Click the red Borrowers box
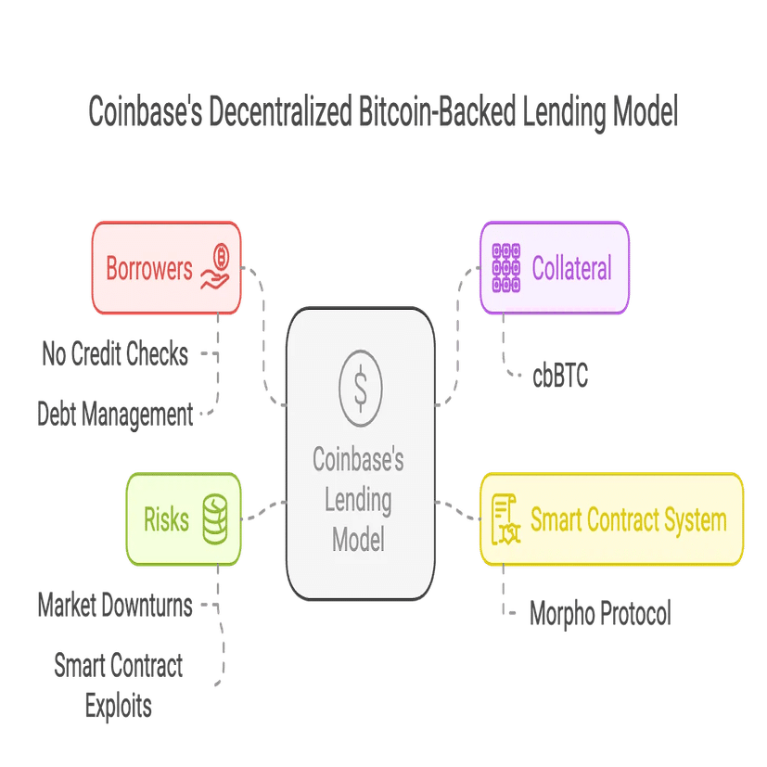(x=166, y=268)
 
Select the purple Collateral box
(x=555, y=268)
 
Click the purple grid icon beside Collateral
(x=506, y=267)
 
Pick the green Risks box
(x=184, y=518)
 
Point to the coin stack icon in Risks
(x=215, y=518)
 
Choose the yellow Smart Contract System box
(x=612, y=518)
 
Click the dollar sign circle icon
(x=360, y=382)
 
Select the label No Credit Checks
(x=115, y=353)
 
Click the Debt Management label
(x=115, y=414)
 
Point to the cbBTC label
(x=559, y=377)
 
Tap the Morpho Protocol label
(x=599, y=613)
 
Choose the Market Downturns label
(x=115, y=606)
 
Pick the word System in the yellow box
(x=691, y=519)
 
